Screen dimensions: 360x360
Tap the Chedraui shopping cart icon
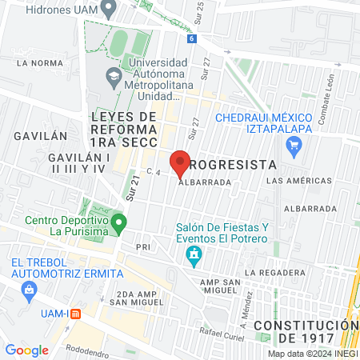point(294,146)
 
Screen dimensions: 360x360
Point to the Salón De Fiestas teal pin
point(193,256)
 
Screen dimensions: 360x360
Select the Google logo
point(27,350)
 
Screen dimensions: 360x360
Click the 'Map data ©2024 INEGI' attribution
point(312,354)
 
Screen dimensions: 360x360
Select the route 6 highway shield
point(191,38)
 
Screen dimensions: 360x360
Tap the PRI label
point(143,247)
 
